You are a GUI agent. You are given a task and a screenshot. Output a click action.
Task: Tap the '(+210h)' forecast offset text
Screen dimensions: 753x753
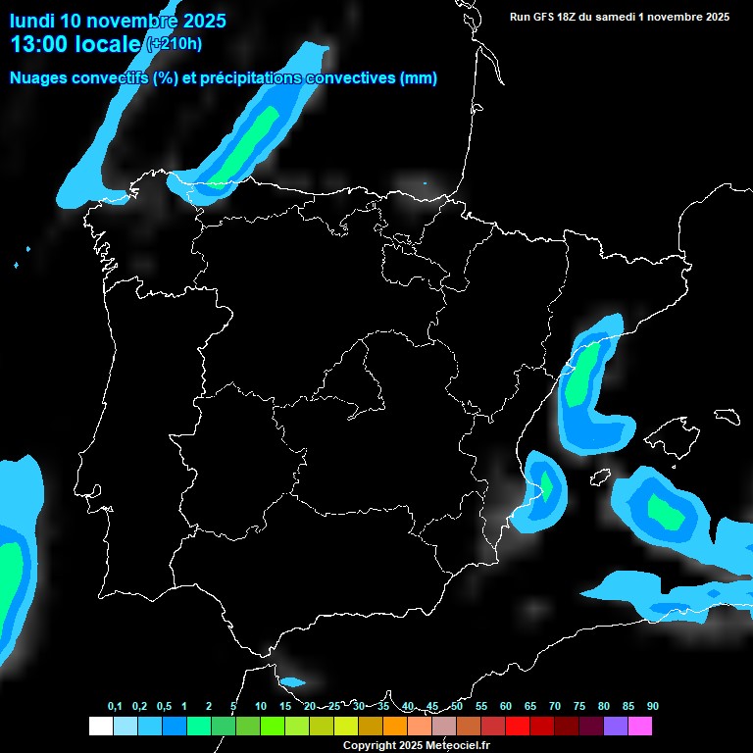(x=174, y=43)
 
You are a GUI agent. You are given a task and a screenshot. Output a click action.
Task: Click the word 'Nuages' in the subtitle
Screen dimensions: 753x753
(x=39, y=78)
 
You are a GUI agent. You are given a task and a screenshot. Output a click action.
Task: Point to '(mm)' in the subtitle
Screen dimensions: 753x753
(x=419, y=78)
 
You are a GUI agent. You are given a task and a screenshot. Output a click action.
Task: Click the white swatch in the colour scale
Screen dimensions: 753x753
(x=100, y=726)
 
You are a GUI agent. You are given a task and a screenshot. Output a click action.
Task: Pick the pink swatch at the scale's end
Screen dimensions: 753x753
(x=639, y=726)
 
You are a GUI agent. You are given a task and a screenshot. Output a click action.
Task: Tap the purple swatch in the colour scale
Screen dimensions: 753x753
(x=615, y=726)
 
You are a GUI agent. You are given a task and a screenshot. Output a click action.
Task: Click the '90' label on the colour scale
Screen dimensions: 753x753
(x=652, y=706)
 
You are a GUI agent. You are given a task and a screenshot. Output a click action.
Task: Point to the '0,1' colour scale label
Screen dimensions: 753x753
(x=115, y=706)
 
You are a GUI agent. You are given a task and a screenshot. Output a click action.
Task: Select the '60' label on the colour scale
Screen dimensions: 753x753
(x=505, y=706)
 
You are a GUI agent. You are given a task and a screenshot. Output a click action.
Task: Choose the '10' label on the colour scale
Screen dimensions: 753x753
(x=260, y=706)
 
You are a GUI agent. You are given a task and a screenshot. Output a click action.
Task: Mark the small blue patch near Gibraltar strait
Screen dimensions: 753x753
(x=292, y=682)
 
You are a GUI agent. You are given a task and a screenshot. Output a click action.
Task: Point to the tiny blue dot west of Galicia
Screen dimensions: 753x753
(x=18, y=265)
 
